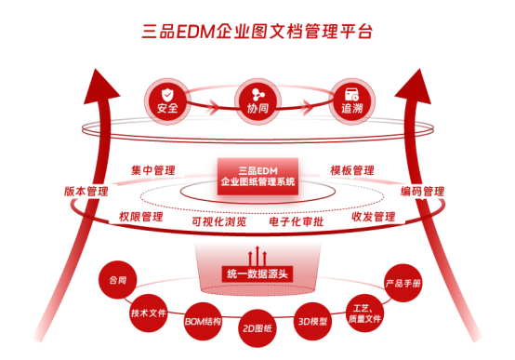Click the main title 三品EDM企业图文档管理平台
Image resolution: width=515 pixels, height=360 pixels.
[x=257, y=32]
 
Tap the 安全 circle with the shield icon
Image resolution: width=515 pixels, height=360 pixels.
[x=167, y=101]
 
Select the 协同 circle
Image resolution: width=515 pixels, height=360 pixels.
[x=257, y=101]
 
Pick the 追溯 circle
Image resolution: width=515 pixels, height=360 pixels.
[x=352, y=101]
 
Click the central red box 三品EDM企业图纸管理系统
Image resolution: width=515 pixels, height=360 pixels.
[x=257, y=176]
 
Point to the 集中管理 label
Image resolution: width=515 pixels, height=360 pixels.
[x=153, y=170]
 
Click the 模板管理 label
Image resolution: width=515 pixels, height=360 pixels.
[x=352, y=170]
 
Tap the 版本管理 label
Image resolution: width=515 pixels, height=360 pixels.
[x=86, y=192]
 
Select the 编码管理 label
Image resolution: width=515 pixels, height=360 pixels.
[x=422, y=192]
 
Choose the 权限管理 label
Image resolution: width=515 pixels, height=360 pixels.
[x=141, y=217]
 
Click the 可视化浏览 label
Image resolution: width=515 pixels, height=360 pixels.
[x=219, y=221]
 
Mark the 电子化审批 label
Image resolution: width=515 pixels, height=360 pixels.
[x=297, y=221]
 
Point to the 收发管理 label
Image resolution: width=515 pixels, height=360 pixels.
[x=374, y=217]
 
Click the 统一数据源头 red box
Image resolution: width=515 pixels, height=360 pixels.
[x=257, y=273]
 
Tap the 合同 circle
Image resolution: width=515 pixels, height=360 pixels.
[x=117, y=280]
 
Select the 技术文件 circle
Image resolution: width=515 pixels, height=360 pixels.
[x=149, y=313]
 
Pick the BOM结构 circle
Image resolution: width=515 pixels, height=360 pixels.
[x=203, y=321]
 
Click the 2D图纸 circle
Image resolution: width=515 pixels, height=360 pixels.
[x=257, y=328]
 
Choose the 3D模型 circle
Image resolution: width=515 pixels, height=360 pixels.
[x=312, y=321]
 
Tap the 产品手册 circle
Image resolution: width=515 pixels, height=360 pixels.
[x=403, y=283]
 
